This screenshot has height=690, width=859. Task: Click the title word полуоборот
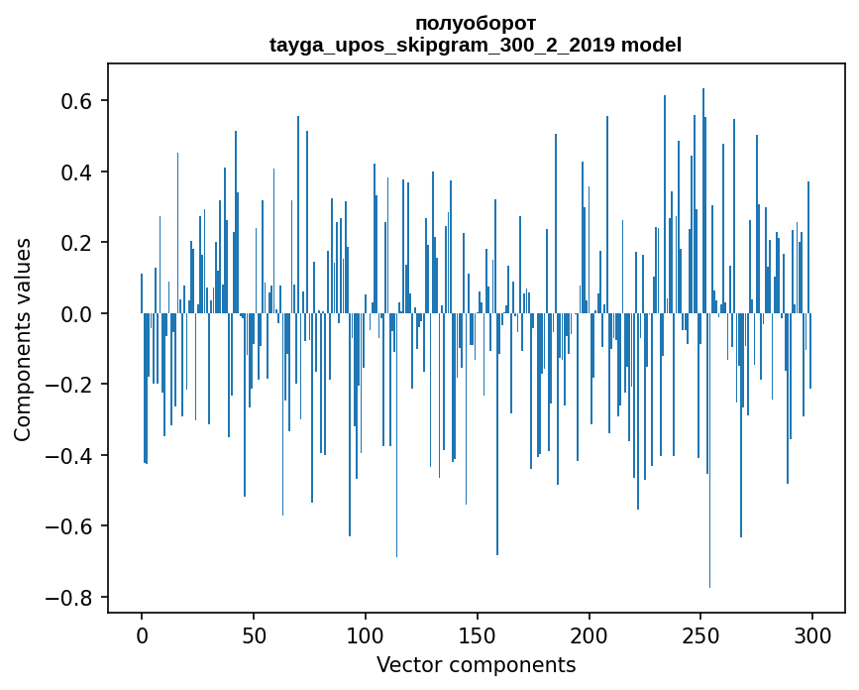tap(476, 23)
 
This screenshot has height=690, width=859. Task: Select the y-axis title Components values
tap(23, 339)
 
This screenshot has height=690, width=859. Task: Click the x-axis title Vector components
tap(476, 664)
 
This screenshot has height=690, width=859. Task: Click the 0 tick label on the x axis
tap(142, 634)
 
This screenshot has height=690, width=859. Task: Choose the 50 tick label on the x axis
tap(254, 634)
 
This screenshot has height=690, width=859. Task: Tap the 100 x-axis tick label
tap(366, 634)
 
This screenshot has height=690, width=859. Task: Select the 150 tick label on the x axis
tap(478, 634)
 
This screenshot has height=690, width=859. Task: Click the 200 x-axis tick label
tap(590, 634)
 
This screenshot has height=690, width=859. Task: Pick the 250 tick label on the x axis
tap(701, 634)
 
